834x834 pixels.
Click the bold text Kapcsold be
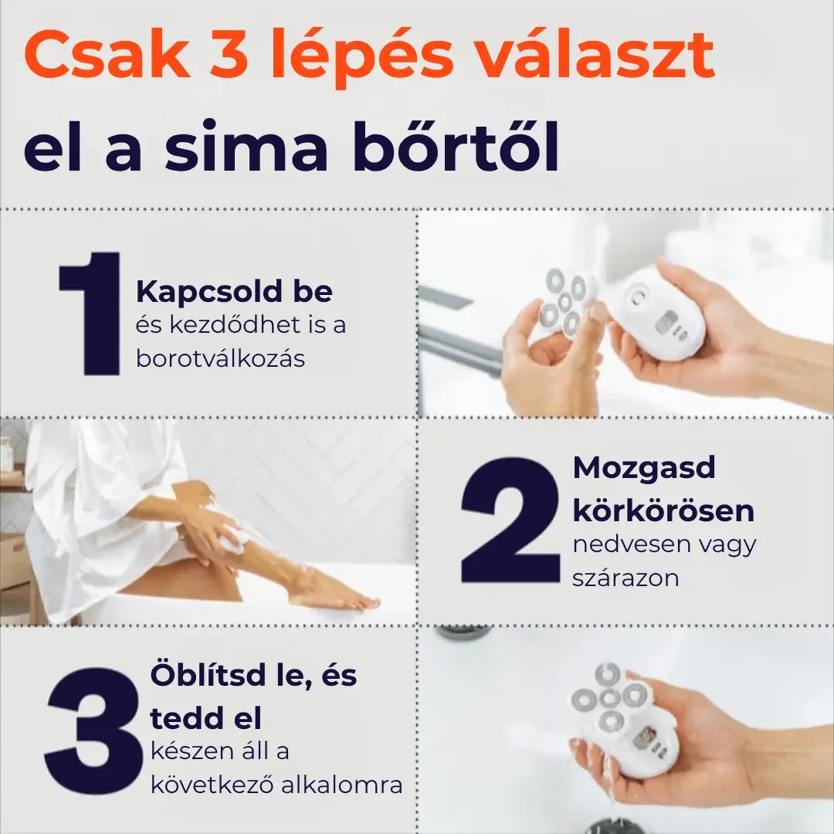coord(234,292)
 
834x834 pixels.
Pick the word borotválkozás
coord(220,358)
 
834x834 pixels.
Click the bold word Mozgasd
coord(633,467)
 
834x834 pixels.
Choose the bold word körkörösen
coord(663,510)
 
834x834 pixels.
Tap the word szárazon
coord(625,578)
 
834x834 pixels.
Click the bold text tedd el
coord(205,718)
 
